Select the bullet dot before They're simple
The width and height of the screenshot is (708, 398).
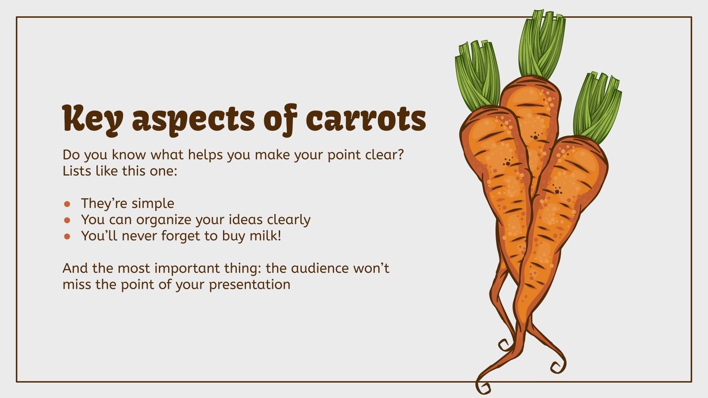coord(67,204)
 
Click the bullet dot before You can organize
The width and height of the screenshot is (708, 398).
coord(67,220)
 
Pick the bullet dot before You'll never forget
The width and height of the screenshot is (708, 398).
coord(67,236)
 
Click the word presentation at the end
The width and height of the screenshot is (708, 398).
coord(250,284)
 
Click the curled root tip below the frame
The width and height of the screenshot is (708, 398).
coord(483,387)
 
